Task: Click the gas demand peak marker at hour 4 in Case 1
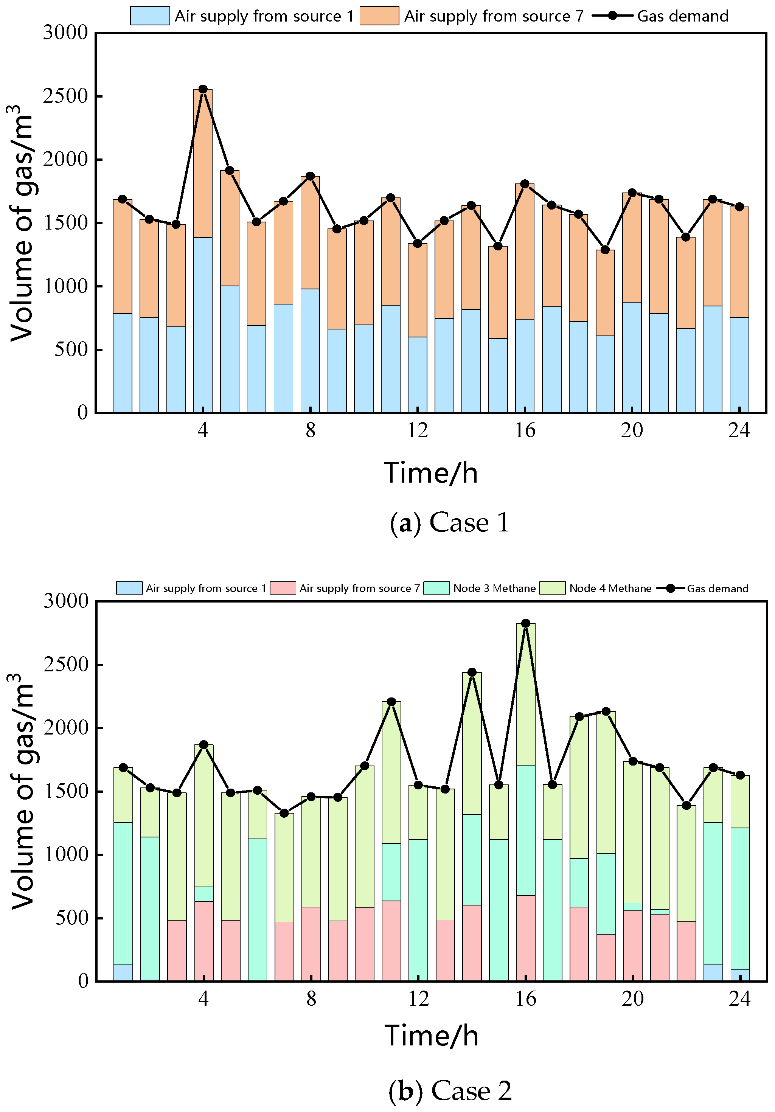(203, 89)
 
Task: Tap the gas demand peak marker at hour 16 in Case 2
(525, 623)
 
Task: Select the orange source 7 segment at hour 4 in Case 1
(203, 163)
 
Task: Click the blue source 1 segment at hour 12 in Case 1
(418, 374)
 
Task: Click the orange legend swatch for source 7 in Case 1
(379, 16)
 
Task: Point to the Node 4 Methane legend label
(610, 588)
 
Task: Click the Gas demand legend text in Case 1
(683, 16)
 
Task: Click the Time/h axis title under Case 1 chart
(430, 473)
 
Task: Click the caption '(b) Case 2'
(450, 1091)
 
